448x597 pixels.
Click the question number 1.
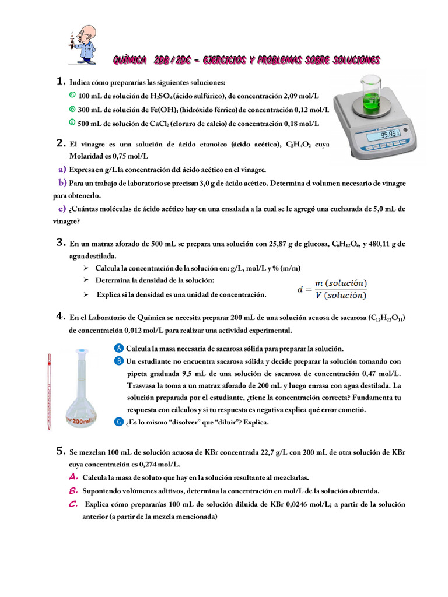(61, 82)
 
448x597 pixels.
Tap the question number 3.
(61, 243)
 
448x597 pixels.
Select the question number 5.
(61, 451)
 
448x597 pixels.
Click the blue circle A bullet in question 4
(120, 348)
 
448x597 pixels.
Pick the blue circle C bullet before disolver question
(120, 422)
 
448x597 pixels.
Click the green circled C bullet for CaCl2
(72, 122)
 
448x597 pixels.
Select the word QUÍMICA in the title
(129, 60)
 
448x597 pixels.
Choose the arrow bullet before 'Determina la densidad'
(85, 280)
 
